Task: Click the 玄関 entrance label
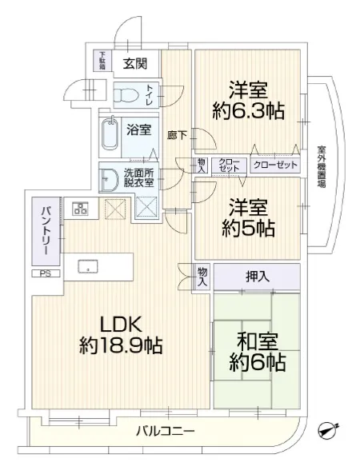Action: click(135, 64)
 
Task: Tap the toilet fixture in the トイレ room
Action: click(126, 95)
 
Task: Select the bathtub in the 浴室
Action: click(110, 134)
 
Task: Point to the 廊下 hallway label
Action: click(177, 135)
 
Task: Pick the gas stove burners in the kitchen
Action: click(80, 209)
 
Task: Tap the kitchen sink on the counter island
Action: click(88, 266)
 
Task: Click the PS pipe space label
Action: click(46, 273)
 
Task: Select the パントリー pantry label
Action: click(46, 230)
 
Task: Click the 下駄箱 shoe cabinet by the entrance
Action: click(102, 61)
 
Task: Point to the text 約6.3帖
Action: click(248, 111)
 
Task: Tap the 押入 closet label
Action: click(258, 277)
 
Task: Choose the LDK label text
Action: click(121, 325)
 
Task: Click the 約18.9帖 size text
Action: click(121, 345)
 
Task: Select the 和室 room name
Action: click(257, 341)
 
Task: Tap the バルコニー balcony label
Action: click(165, 431)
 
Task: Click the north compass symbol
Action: click(328, 430)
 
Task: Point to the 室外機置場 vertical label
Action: click(322, 167)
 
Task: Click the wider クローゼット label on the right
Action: click(275, 165)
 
